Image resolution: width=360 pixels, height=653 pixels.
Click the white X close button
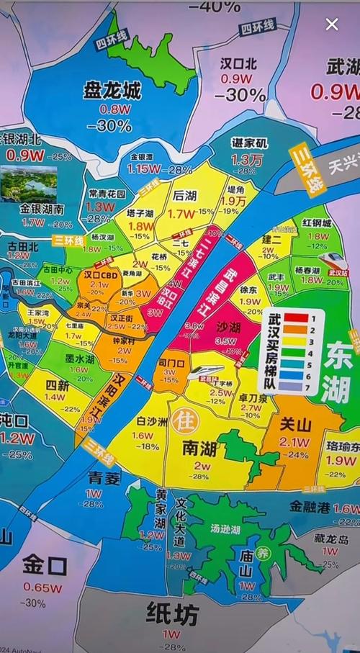(x=332, y=24)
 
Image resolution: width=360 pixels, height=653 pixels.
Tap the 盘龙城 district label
(x=112, y=91)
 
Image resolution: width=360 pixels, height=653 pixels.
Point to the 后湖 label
(x=186, y=196)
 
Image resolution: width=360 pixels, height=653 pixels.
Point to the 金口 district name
(x=45, y=565)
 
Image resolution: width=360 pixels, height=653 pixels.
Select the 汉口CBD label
(x=99, y=274)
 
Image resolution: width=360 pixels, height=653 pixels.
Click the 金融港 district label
(x=310, y=507)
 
